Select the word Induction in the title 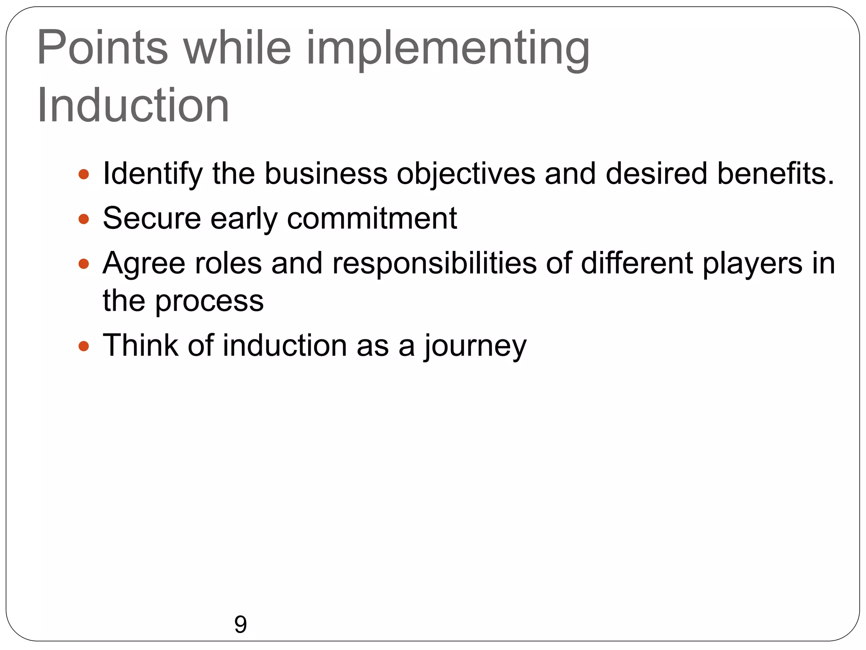(x=133, y=105)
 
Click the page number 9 (x=240, y=625)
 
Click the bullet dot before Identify (x=84, y=174)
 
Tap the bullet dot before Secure (x=84, y=219)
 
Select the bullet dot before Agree (x=84, y=264)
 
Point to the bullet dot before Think (x=84, y=347)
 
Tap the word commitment (x=372, y=219)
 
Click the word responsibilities (x=434, y=264)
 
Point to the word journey (x=475, y=347)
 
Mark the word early (x=244, y=219)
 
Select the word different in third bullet (x=637, y=263)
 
